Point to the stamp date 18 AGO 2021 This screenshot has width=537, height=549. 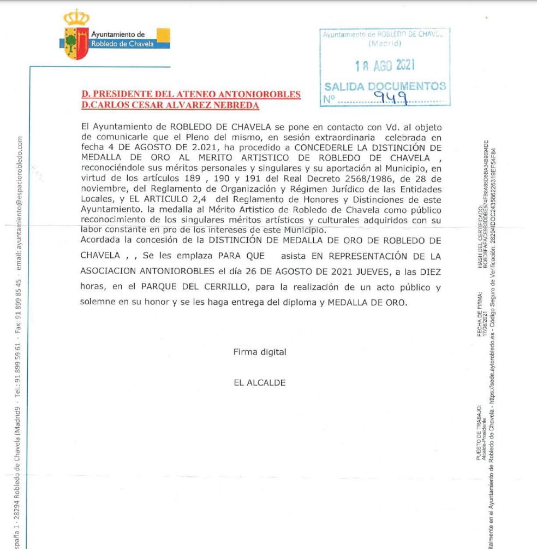click(385, 66)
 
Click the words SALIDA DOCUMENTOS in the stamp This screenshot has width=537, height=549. click(385, 86)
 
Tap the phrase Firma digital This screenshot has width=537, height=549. click(259, 352)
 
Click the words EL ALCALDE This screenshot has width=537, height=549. click(259, 383)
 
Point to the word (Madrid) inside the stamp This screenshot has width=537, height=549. click(385, 43)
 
